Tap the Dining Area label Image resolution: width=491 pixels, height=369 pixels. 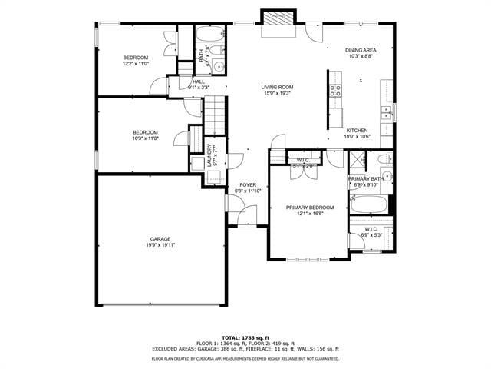pyautogui.click(x=360, y=48)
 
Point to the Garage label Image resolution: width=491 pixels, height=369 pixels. pyautogui.click(x=160, y=239)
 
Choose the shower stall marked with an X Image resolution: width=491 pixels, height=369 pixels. pyautogui.click(x=357, y=162)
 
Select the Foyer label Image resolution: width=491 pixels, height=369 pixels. pyautogui.click(x=248, y=185)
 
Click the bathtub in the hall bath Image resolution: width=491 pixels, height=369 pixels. pyautogui.click(x=208, y=35)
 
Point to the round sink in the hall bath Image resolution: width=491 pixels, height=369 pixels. pyautogui.click(x=219, y=67)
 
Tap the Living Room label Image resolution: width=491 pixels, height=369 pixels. pyautogui.click(x=278, y=86)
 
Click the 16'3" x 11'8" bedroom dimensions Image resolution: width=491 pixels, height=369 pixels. pyautogui.click(x=145, y=138)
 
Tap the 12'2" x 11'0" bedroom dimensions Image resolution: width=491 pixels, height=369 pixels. pyautogui.click(x=136, y=64)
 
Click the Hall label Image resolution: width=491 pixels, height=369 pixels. pyautogui.click(x=198, y=81)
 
